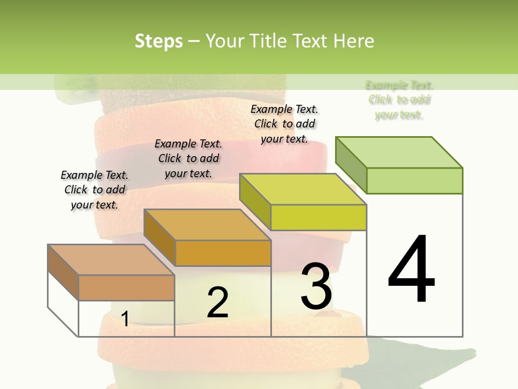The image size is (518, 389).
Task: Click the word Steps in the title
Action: tap(159, 41)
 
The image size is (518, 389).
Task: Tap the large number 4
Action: tap(411, 270)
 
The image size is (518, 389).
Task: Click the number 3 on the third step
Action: tap(316, 286)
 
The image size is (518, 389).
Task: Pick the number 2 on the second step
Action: tap(217, 303)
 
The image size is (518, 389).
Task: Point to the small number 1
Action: tap(125, 319)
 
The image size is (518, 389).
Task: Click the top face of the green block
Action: tap(399, 152)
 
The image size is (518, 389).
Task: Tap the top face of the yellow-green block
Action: tap(303, 189)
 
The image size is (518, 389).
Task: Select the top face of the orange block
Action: tap(207, 225)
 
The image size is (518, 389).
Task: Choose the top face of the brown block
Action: tap(111, 260)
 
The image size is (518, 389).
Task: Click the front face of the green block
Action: tap(414, 180)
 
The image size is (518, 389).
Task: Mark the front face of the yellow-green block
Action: tap(318, 217)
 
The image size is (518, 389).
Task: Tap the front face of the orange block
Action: tap(223, 253)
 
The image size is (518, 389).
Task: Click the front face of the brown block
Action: tap(126, 287)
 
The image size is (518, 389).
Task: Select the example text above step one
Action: tap(94, 190)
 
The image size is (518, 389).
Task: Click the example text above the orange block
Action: tap(188, 158)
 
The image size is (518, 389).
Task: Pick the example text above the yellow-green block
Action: tap(284, 124)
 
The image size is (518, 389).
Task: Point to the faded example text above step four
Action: tap(399, 100)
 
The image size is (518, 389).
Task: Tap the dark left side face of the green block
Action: tap(351, 165)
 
